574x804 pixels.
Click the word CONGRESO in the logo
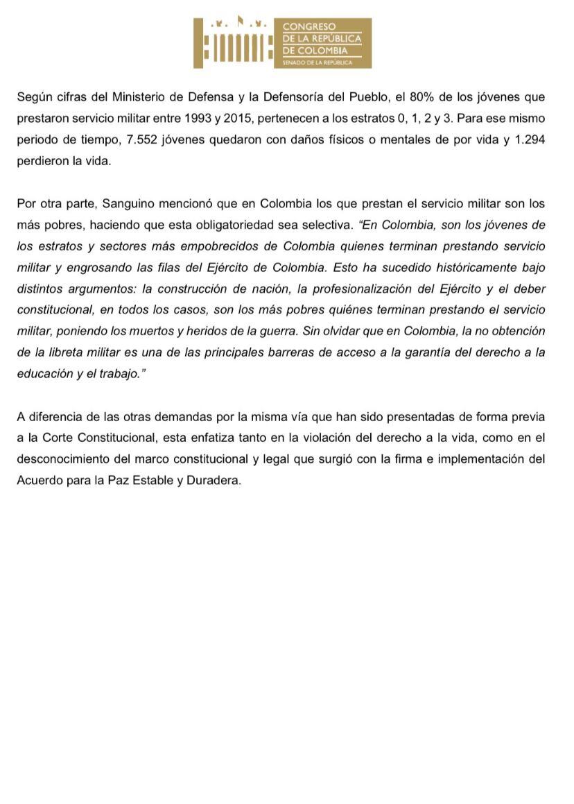tap(306, 27)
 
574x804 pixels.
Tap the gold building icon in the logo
tap(233, 44)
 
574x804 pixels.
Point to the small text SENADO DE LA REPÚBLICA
tap(318, 63)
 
